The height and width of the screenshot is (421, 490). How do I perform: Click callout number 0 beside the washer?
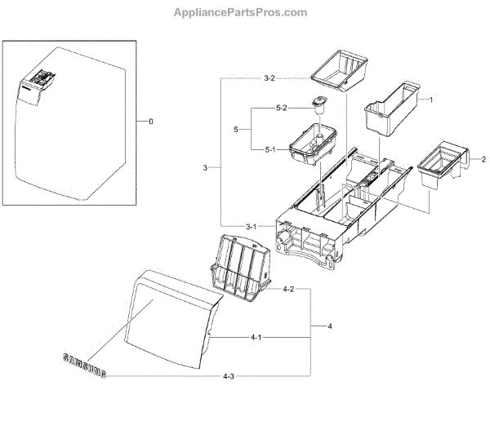click(150, 122)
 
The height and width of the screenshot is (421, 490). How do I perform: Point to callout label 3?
click(206, 167)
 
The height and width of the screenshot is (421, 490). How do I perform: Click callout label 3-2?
click(269, 78)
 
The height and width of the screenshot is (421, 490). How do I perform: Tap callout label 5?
click(235, 129)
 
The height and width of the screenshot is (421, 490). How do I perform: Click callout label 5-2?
click(281, 109)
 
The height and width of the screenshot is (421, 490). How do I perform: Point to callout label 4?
click(330, 326)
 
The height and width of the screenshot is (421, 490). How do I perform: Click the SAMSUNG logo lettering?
click(84, 366)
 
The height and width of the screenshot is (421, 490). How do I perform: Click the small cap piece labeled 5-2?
click(318, 105)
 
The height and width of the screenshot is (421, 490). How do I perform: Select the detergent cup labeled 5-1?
click(314, 144)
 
